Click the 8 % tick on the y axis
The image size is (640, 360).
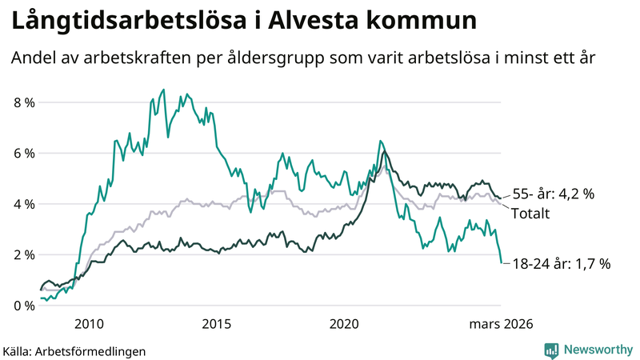click(23, 102)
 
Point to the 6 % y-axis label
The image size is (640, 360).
click(23, 153)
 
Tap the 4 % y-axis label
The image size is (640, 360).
click(23, 204)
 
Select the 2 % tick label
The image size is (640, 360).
click(23, 254)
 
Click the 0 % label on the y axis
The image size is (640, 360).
click(23, 306)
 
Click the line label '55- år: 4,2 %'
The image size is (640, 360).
click(564, 194)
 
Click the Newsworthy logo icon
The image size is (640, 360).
click(551, 350)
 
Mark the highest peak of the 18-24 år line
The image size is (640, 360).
click(163, 90)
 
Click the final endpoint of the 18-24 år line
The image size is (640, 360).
click(501, 262)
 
